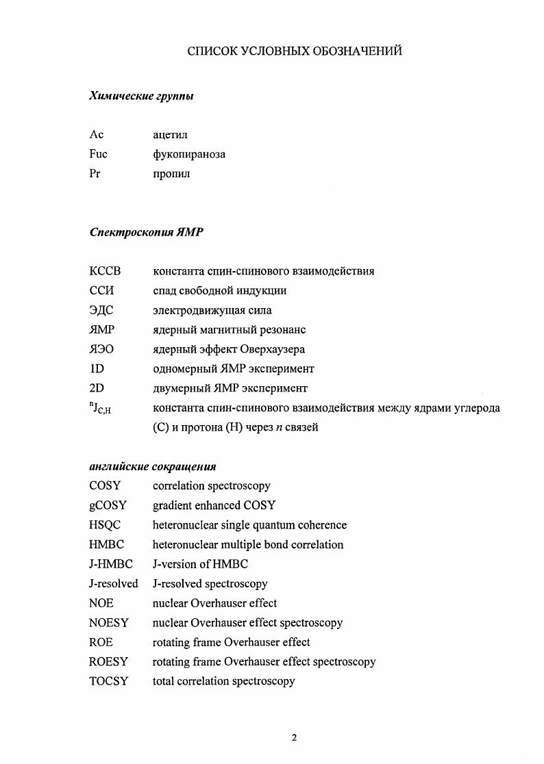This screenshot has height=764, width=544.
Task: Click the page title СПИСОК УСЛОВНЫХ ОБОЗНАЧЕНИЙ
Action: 295,51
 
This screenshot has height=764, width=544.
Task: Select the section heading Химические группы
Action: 141,97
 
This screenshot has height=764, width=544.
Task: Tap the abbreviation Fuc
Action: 99,154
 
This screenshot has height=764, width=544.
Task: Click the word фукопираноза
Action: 188,155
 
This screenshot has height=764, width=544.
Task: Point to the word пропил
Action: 171,174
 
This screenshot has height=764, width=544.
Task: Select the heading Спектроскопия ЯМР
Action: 147,232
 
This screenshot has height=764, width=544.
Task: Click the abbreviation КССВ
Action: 105,271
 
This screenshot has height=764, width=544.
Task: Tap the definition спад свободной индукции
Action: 219,290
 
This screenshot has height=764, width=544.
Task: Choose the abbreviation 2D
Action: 97,388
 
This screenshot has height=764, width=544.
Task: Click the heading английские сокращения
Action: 153,467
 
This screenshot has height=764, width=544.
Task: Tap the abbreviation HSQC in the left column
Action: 105,525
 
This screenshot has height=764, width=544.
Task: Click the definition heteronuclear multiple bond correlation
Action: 248,545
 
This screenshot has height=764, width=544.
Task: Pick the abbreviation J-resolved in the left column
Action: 113,584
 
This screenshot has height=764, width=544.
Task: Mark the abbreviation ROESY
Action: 108,662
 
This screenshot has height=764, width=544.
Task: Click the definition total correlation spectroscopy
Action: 223,681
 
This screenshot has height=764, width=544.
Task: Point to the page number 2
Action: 294,738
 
